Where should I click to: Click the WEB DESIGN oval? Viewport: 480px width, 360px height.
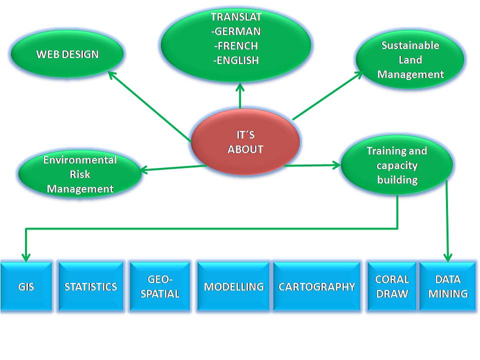(x=67, y=54)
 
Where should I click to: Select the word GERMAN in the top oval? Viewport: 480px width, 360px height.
(x=236, y=31)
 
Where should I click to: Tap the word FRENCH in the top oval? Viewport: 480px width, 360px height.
(x=236, y=46)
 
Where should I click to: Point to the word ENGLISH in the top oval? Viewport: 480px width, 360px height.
(x=236, y=60)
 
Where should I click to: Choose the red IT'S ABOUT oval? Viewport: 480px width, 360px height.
(x=245, y=142)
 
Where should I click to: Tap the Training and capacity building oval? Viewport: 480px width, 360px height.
(x=396, y=165)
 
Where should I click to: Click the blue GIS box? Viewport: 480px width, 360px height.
(x=26, y=286)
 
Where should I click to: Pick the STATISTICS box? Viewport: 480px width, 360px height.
(x=90, y=286)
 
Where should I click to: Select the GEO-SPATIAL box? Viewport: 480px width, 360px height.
(x=160, y=286)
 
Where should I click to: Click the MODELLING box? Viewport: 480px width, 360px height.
(x=233, y=286)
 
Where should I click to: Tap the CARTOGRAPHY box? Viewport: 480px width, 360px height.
(x=316, y=286)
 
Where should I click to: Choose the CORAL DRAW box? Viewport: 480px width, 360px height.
(x=392, y=286)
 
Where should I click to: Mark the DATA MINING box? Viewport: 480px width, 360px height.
(x=448, y=286)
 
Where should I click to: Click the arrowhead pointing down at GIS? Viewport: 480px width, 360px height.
(x=25, y=256)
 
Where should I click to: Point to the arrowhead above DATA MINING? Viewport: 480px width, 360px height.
(x=448, y=255)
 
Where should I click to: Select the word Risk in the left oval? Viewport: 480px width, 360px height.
(x=80, y=175)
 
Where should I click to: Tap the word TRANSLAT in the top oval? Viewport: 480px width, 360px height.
(x=236, y=17)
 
